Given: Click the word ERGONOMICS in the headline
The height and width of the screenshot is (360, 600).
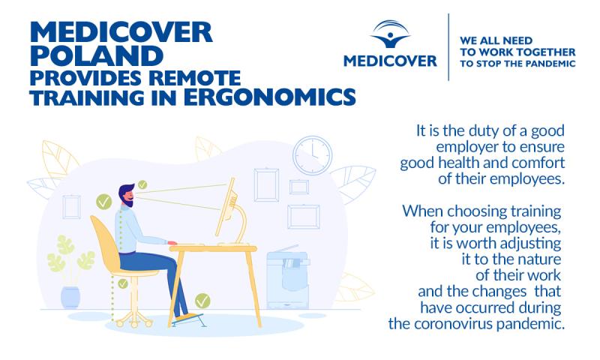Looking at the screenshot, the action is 270,97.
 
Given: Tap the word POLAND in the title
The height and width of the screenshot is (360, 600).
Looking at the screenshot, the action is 97,55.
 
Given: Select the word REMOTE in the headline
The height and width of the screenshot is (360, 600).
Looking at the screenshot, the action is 195,78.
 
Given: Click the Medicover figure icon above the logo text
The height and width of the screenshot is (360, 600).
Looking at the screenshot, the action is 390,34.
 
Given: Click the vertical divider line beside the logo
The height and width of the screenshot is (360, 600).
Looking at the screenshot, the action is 448,47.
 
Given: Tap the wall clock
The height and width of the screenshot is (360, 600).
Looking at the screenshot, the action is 313,155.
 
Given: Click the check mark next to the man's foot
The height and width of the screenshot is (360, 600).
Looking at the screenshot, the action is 202,301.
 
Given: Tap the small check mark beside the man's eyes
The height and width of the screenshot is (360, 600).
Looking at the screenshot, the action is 142,184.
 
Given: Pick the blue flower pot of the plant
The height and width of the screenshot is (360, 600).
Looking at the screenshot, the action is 70,297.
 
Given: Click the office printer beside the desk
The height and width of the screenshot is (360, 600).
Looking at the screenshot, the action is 288,277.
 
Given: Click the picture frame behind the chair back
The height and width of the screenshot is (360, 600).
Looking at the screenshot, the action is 71,206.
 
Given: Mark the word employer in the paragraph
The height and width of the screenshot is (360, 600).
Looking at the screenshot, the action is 467,147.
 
